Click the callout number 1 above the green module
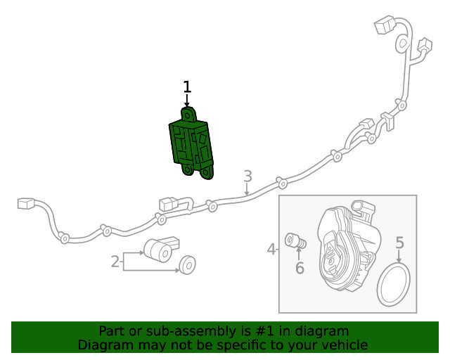pyautogui.click(x=187, y=86)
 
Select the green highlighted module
pyautogui.click(x=191, y=143)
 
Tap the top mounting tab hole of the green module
pyautogui.click(x=188, y=116)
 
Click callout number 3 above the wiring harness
pyautogui.click(x=247, y=176)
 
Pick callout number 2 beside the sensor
pyautogui.click(x=115, y=262)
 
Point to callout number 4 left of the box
pyautogui.click(x=271, y=249)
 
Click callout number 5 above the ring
pyautogui.click(x=399, y=243)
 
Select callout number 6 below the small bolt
pyautogui.click(x=300, y=268)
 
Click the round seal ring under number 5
pyautogui.click(x=394, y=285)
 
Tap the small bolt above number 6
pyautogui.click(x=295, y=241)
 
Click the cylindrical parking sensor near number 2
pyautogui.click(x=161, y=249)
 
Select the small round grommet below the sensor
pyautogui.click(x=188, y=264)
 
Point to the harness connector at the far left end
pyautogui.click(x=26, y=203)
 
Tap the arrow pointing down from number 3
pyautogui.click(x=247, y=189)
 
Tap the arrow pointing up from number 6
pyautogui.click(x=299, y=254)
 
